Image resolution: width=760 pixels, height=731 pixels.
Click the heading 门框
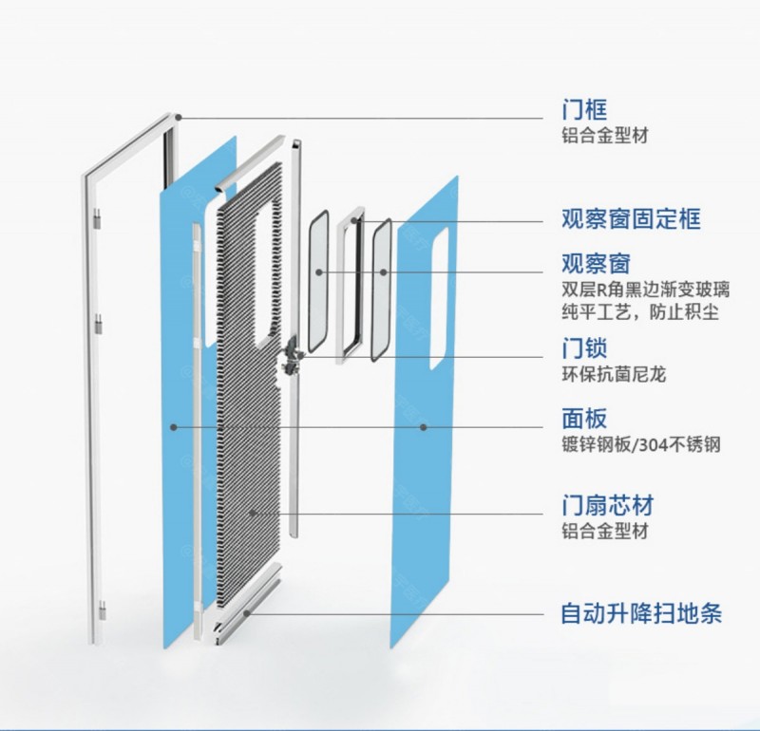584,109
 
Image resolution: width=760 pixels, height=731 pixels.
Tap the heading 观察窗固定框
631,219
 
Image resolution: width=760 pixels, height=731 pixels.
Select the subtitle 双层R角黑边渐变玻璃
646,290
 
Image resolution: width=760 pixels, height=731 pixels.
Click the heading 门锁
584,347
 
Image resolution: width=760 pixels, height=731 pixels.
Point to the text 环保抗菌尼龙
614,374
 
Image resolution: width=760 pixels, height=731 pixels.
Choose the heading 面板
584,419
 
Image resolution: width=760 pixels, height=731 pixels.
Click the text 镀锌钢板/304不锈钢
641,444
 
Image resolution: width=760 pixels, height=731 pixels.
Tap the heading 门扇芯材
608,505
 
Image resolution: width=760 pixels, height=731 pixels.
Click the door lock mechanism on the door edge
292,357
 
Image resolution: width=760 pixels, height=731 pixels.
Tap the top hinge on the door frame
98,219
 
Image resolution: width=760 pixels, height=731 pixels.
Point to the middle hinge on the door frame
99,324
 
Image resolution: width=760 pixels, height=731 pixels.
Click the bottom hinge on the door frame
102,609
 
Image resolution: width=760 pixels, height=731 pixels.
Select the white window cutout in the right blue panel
439,298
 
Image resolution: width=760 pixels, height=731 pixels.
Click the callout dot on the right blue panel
423,427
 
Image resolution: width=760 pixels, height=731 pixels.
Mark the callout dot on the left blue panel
174,427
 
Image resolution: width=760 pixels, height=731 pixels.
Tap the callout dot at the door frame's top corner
179,117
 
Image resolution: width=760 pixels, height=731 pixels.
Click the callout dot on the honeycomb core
252,513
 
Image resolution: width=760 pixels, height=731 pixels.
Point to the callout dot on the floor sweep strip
247,613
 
